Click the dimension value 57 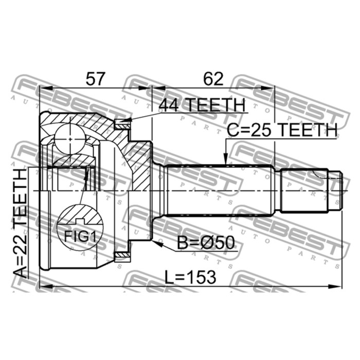95,79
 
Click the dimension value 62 213,79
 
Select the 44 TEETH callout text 202,105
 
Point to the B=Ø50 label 206,243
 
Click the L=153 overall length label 190,277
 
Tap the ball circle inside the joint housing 70,139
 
